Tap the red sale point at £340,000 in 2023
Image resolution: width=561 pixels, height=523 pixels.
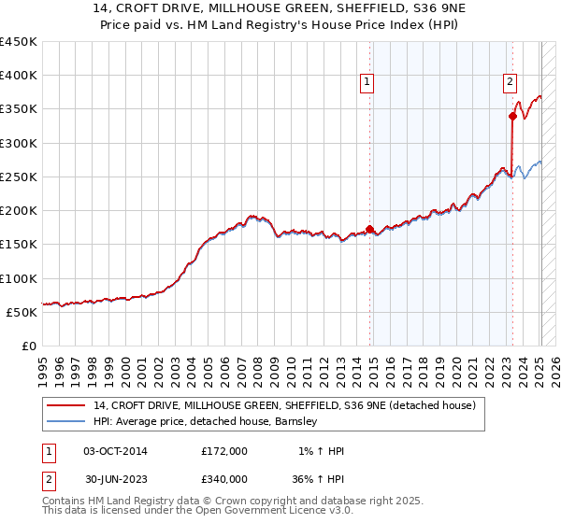(x=512, y=116)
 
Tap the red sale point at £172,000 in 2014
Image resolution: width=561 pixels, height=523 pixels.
(x=370, y=229)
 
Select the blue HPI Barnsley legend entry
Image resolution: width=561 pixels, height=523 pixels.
(x=206, y=422)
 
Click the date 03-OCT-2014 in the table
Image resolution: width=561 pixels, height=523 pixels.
(x=115, y=451)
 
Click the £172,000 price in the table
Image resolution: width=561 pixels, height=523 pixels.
(x=224, y=451)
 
